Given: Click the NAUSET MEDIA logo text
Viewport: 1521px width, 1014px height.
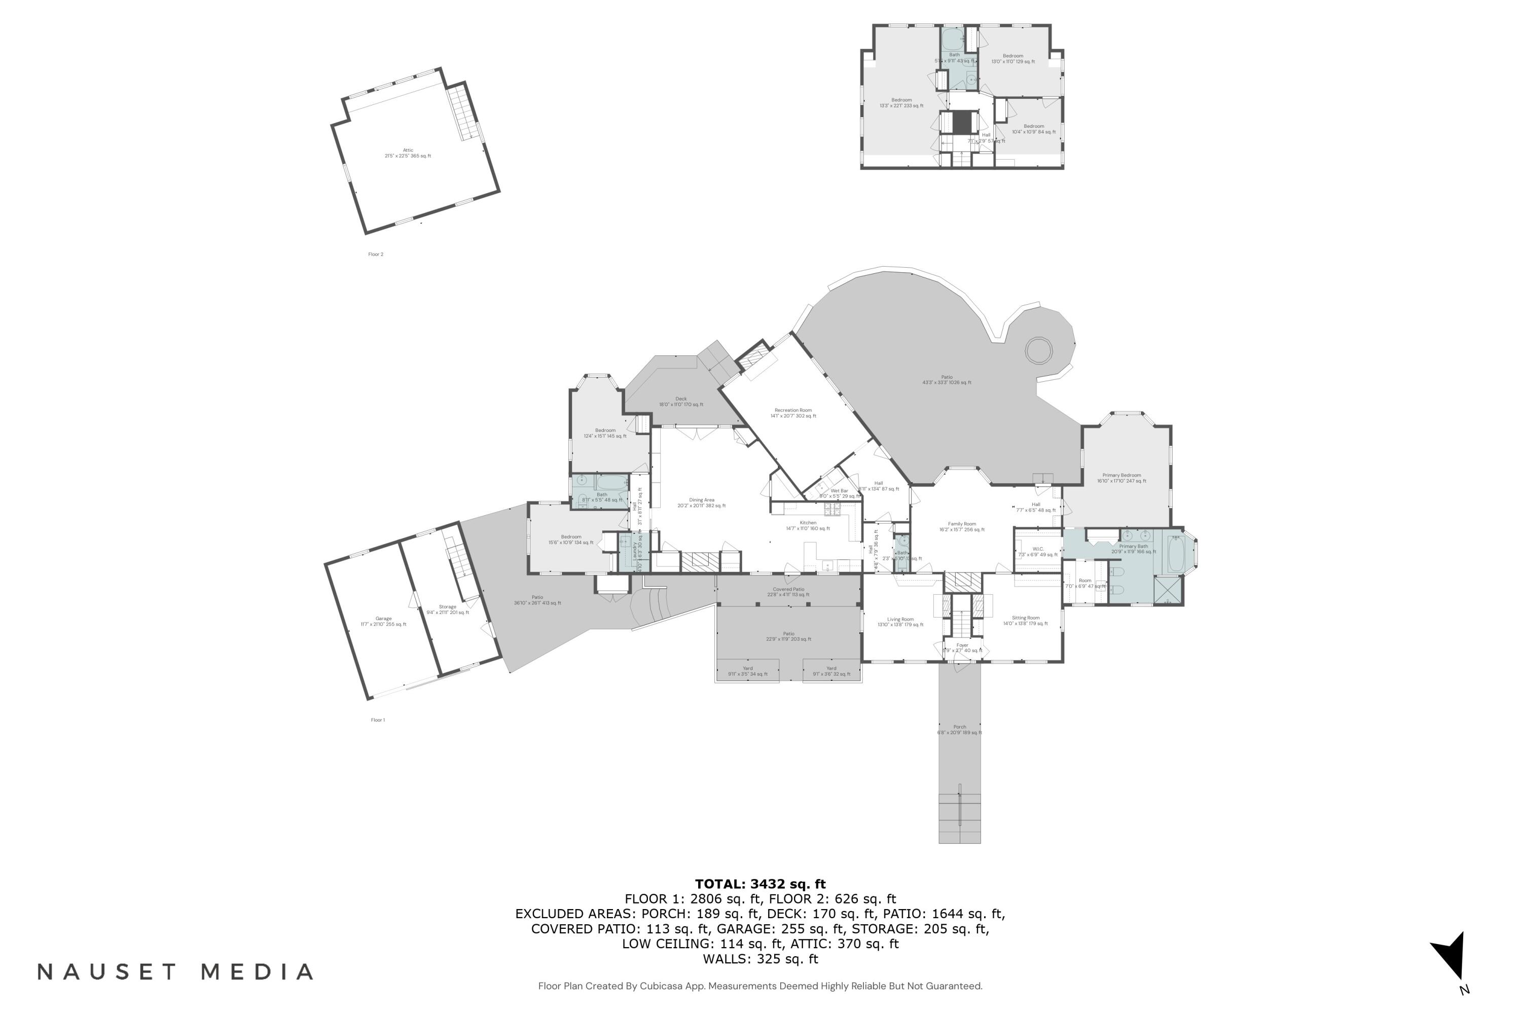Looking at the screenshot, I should tap(175, 971).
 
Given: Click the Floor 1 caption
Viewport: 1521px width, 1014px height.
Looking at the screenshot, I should tap(378, 720).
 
